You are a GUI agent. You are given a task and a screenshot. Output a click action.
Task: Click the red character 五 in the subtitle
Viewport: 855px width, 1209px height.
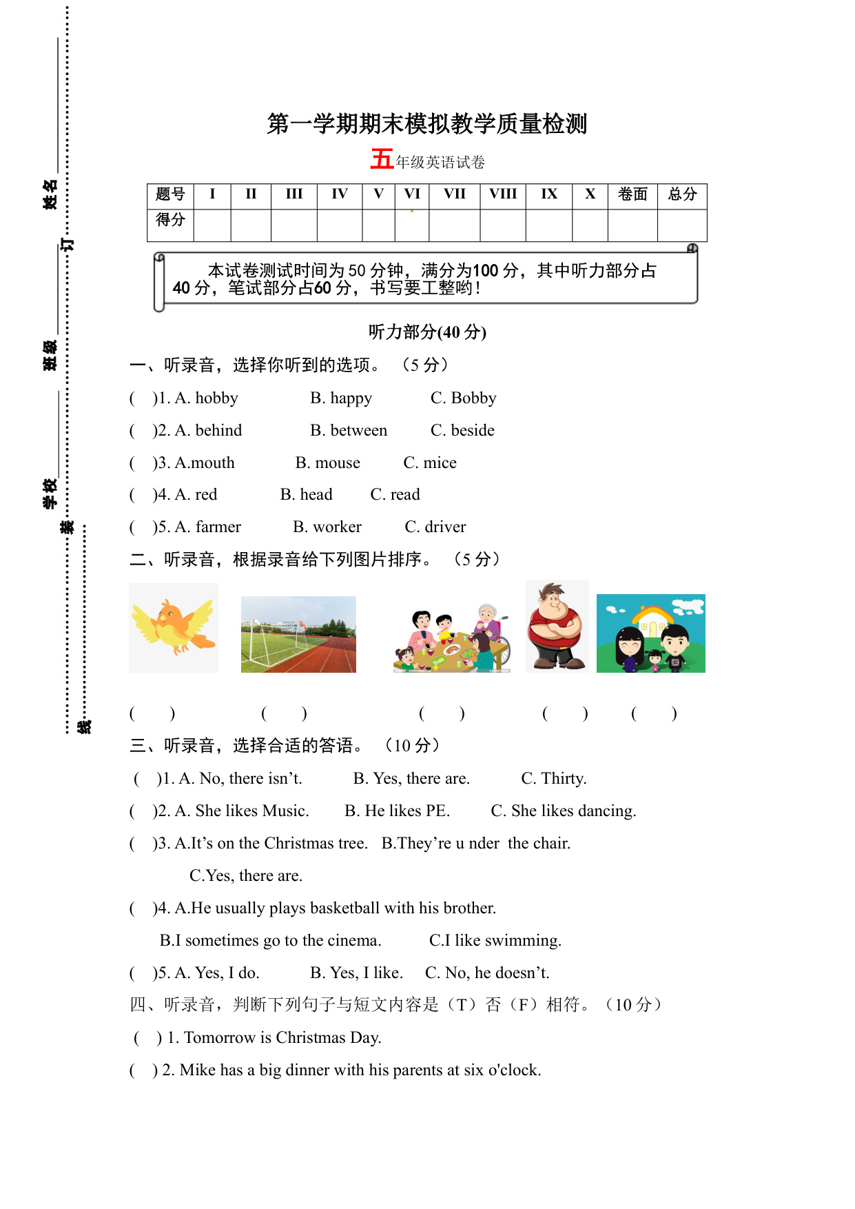(382, 159)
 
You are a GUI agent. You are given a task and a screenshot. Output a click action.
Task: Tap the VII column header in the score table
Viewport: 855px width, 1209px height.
(454, 194)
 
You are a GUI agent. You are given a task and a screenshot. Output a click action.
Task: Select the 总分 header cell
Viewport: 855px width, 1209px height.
(682, 194)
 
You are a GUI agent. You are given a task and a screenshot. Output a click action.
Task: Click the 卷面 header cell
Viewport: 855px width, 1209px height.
(632, 194)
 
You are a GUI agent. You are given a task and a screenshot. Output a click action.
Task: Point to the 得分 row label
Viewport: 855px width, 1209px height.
(170, 220)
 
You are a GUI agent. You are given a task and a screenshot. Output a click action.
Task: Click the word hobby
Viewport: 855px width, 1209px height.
(216, 398)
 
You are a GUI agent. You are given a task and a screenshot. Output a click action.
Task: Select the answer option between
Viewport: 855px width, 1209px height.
(358, 431)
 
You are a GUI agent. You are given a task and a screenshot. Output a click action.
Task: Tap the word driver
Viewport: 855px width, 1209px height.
(445, 527)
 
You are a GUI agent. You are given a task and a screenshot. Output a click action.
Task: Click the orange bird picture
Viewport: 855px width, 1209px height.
(174, 627)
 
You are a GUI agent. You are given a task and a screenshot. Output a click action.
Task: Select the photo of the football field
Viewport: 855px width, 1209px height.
(298, 634)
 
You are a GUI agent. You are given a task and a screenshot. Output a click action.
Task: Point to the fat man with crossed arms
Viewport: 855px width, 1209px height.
(557, 626)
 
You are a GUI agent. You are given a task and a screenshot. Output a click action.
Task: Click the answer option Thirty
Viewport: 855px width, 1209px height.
(564, 779)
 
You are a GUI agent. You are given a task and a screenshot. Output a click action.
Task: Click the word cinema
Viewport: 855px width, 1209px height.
(354, 941)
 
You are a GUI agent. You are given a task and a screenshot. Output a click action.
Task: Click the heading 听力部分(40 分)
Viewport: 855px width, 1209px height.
(427, 332)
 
